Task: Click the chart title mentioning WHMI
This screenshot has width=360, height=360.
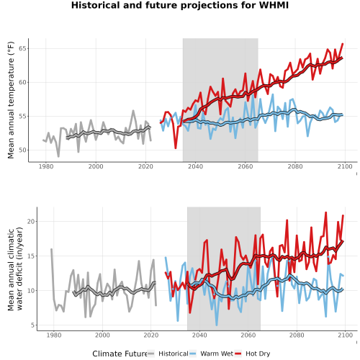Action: click(x=180, y=5)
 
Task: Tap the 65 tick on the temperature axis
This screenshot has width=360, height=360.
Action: click(x=22, y=48)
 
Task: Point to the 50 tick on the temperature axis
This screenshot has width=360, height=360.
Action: click(x=22, y=150)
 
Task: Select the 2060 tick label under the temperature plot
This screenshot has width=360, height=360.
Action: click(x=246, y=166)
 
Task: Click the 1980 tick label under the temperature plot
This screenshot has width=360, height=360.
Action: click(x=46, y=166)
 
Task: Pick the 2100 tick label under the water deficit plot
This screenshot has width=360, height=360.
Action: click(x=345, y=335)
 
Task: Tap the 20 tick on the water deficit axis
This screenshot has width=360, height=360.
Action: click(x=31, y=221)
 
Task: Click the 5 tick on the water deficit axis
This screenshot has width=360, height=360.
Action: click(x=32, y=325)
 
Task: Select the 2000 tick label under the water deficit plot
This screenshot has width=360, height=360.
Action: click(x=102, y=335)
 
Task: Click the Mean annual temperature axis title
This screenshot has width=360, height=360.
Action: click(x=11, y=100)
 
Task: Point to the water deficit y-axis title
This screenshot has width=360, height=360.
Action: click(x=15, y=269)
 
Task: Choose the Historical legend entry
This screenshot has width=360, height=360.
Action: click(x=168, y=354)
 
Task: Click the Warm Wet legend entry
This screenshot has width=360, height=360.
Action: click(x=211, y=354)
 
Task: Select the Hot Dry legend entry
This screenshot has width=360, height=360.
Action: click(x=253, y=354)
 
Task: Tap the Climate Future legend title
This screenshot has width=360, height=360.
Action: click(x=120, y=354)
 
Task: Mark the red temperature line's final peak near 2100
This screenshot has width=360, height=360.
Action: click(x=343, y=44)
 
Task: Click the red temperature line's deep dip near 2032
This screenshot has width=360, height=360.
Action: click(x=176, y=148)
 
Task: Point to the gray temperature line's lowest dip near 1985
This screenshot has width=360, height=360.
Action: click(x=58, y=156)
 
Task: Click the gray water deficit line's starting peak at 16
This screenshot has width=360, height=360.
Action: click(x=51, y=249)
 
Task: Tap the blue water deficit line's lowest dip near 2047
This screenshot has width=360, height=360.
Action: click(x=217, y=325)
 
